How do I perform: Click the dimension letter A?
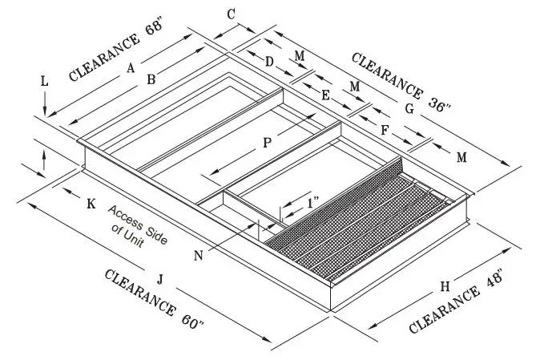(130, 69)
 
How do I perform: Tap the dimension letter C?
(231, 14)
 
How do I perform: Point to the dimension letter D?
(269, 61)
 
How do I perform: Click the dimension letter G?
(409, 108)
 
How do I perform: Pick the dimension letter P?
(267, 142)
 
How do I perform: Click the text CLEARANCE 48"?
(457, 301)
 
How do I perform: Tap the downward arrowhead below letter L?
(46, 112)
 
